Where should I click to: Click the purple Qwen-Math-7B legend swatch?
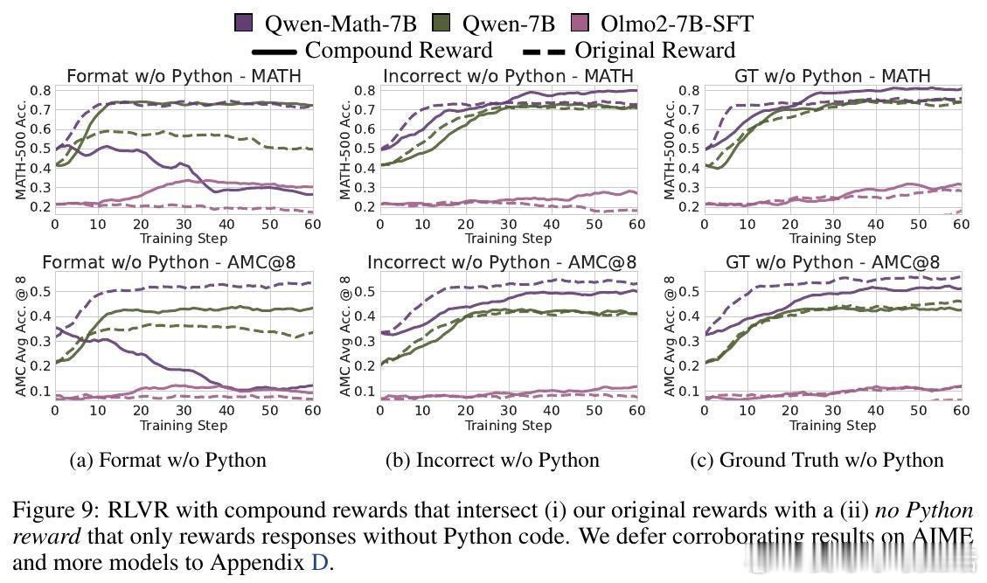[244, 24]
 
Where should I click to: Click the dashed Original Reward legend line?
[543, 51]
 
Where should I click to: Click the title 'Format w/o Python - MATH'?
[184, 76]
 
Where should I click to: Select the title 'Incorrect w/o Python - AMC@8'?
[502, 262]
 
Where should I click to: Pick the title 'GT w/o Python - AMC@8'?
[832, 262]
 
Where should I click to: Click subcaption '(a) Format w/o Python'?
[168, 460]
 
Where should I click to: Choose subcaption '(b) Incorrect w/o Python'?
[492, 460]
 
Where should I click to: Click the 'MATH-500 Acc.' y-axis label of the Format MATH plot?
[22, 150]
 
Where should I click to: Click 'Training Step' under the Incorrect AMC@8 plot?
[508, 426]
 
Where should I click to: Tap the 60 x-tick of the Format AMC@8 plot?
[311, 411]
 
